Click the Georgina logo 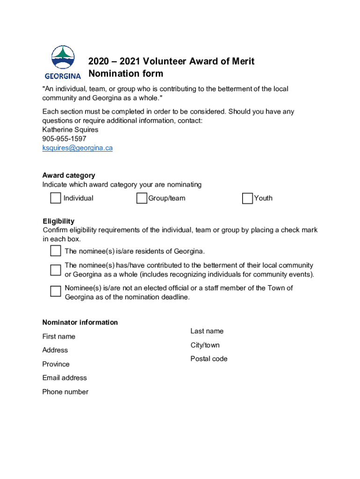pyautogui.click(x=63, y=62)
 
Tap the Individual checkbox pyautogui.click(x=56, y=198)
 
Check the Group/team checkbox pyautogui.click(x=142, y=199)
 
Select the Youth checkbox pyautogui.click(x=247, y=199)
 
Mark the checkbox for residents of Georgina pyautogui.click(x=56, y=251)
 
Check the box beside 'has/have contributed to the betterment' pyautogui.click(x=56, y=270)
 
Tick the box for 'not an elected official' pyautogui.click(x=56, y=291)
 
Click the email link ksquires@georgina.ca pyautogui.click(x=78, y=148)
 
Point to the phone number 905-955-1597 pyautogui.click(x=65, y=139)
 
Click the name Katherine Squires pyautogui.click(x=70, y=130)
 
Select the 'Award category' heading pyautogui.click(x=69, y=175)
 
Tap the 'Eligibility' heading pyautogui.click(x=58, y=221)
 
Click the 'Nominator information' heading pyautogui.click(x=80, y=322)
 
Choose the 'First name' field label pyautogui.click(x=59, y=336)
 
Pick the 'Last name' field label pyautogui.click(x=207, y=331)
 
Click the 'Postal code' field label pyautogui.click(x=209, y=359)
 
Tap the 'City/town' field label pyautogui.click(x=205, y=345)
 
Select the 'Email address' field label pyautogui.click(x=65, y=378)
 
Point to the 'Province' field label pyautogui.click(x=56, y=364)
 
